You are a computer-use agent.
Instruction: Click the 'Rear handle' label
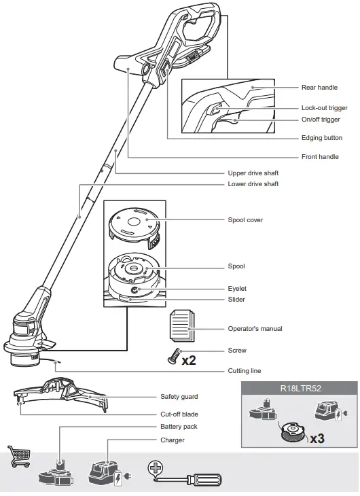click(319, 88)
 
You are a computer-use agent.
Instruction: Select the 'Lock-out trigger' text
click(324, 108)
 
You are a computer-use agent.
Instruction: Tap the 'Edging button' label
click(321, 138)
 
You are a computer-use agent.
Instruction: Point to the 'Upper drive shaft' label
click(253, 173)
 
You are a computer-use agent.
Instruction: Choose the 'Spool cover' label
click(245, 220)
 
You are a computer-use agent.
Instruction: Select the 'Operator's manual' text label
click(255, 329)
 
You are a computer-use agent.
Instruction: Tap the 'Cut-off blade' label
click(180, 414)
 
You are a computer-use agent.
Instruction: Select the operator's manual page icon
click(181, 326)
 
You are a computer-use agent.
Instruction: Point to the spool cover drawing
click(134, 224)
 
